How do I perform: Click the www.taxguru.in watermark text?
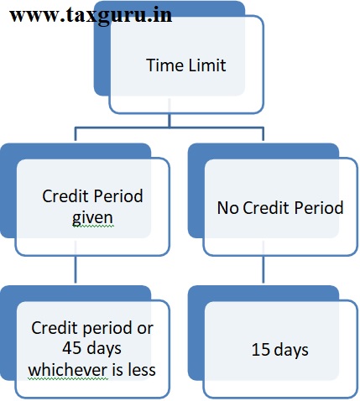tap(91, 15)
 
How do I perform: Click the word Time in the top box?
tap(165, 65)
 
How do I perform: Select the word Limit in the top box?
tap(207, 65)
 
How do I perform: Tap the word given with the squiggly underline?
tap(92, 218)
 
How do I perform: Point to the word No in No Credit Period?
tap(227, 208)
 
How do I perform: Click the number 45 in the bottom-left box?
tap(71, 348)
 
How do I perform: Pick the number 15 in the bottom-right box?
tap(261, 350)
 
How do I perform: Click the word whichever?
tap(68, 370)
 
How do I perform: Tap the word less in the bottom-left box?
tap(142, 370)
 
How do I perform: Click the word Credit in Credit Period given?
tap(65, 195)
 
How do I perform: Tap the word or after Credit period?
tap(145, 329)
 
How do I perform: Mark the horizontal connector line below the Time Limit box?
tap(170, 128)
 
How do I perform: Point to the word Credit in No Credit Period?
tap(266, 208)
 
